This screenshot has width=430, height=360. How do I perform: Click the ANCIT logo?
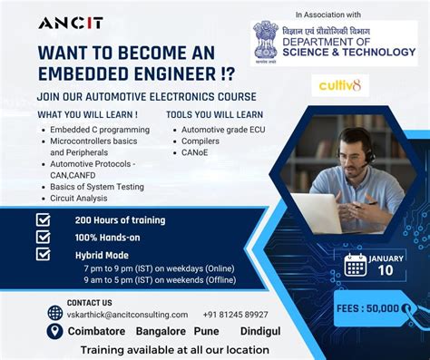coord(70,23)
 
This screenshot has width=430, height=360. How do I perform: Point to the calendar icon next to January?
coord(355,265)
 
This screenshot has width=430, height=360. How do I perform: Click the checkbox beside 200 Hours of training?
coord(44,219)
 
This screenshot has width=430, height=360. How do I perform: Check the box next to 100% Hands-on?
coord(44,237)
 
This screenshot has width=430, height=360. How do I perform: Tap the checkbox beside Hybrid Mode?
coord(44,255)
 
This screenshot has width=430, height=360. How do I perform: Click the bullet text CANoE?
coord(194,153)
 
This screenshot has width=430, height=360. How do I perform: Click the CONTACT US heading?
coord(90,302)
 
